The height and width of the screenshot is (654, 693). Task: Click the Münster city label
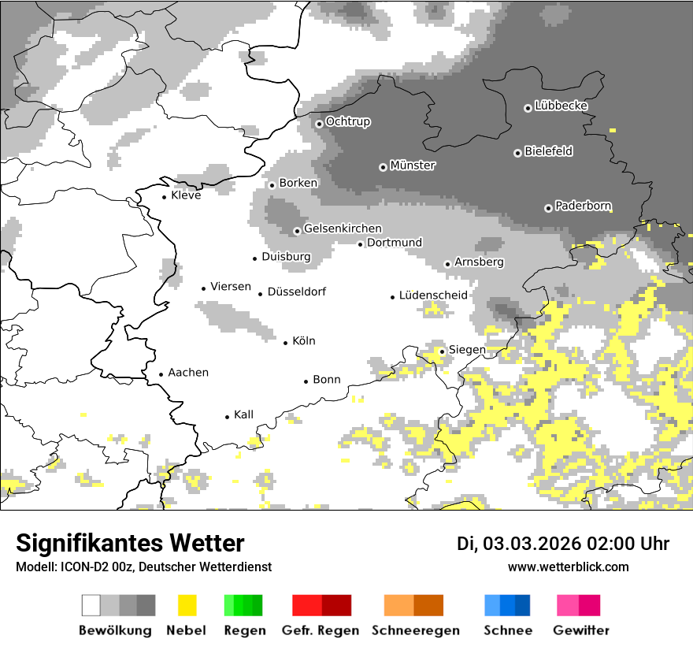click(413, 165)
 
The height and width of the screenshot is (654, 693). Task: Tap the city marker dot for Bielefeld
click(517, 153)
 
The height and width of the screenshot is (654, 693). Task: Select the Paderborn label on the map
click(584, 206)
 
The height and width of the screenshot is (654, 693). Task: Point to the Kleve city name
click(186, 195)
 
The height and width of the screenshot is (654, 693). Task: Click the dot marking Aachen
click(161, 374)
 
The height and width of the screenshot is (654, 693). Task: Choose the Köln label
click(303, 341)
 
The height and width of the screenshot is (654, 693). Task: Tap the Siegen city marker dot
click(442, 351)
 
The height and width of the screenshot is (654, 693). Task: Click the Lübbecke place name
click(561, 106)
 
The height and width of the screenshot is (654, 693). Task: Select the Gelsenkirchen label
click(343, 229)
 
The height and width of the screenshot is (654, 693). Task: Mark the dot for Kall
click(227, 417)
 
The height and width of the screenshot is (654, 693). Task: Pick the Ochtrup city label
click(348, 121)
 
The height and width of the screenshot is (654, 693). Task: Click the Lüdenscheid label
click(433, 295)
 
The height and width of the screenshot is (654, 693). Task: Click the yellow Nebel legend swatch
click(187, 605)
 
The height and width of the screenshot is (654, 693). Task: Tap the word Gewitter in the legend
click(580, 630)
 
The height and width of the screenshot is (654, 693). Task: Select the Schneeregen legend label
click(415, 630)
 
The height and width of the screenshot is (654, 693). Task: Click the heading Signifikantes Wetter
click(130, 543)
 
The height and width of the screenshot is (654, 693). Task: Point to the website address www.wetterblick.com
click(569, 567)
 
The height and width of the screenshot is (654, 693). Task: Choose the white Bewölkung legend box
click(91, 605)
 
